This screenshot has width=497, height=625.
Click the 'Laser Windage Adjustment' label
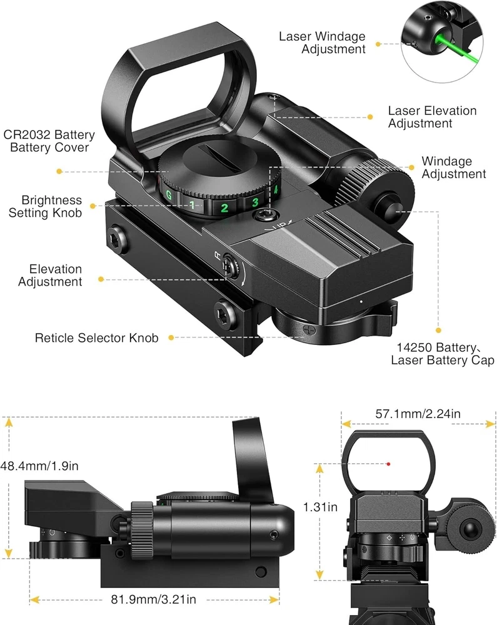[x=322, y=42]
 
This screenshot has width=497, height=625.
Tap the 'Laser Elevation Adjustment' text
[x=432, y=117]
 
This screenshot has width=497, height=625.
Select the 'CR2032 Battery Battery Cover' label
[x=49, y=141]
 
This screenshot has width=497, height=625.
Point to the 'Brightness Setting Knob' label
[x=45, y=206]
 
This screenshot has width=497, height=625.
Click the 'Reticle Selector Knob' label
[x=96, y=338]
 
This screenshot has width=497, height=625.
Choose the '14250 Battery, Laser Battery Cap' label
[x=443, y=354]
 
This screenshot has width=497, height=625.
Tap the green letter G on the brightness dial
[x=168, y=195]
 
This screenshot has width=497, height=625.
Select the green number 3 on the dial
[x=255, y=202]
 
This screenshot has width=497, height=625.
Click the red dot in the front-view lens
[x=388, y=464]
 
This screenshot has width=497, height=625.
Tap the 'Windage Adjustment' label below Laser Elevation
[x=453, y=168]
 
